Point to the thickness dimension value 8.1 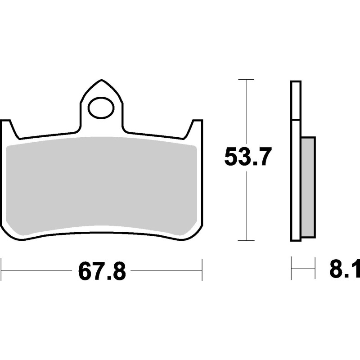coord(344,271)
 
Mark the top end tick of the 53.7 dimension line coord(246,80)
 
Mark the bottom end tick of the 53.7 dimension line coord(246,240)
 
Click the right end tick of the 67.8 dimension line coord(202,270)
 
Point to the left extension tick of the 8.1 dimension coord(292,269)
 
